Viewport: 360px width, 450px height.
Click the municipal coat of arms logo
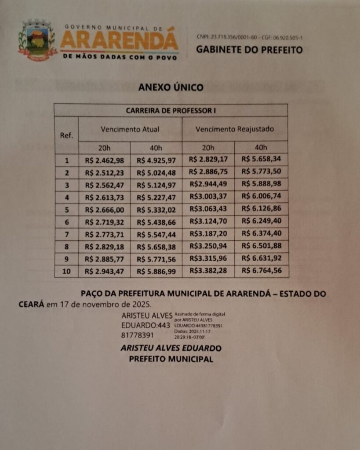click(x=37, y=40)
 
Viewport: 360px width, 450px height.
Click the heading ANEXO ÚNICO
click(x=171, y=87)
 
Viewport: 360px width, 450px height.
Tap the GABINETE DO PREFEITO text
click(x=249, y=50)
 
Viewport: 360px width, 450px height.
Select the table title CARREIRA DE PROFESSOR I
click(x=171, y=110)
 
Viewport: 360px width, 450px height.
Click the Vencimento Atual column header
click(x=130, y=129)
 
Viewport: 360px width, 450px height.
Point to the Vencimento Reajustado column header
click(x=235, y=129)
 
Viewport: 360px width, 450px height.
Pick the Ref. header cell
click(x=66, y=135)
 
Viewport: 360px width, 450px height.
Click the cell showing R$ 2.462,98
click(x=104, y=160)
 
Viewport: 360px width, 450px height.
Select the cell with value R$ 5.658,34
click(x=262, y=160)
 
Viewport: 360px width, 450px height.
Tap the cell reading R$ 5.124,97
click(x=156, y=185)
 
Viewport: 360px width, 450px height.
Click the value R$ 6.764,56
click(x=262, y=270)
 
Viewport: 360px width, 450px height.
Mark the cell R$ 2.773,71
click(x=104, y=234)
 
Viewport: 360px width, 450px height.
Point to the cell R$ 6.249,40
click(x=262, y=221)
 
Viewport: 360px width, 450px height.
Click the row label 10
click(x=66, y=271)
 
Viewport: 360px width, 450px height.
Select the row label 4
click(x=66, y=198)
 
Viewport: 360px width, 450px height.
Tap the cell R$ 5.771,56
click(x=156, y=259)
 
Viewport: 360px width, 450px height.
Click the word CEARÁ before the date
click(x=31, y=304)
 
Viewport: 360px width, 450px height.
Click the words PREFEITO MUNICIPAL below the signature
click(x=171, y=359)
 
